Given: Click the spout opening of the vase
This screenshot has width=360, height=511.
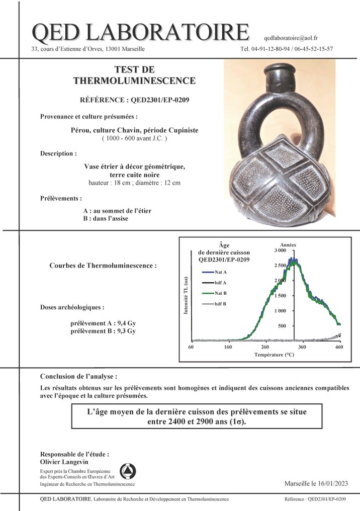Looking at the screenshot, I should pos(280,69).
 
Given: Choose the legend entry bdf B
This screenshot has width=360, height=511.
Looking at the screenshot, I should pos(220,304).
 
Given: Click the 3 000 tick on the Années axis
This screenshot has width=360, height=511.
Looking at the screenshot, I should pos(280,250).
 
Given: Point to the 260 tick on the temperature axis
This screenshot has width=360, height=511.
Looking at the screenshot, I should pos(265,347).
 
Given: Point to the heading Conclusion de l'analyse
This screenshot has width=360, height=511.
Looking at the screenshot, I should pos(78,376).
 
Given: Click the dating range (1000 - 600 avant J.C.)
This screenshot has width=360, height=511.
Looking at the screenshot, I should pos(134,138).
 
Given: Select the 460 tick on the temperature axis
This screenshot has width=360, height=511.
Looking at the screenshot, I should pos(339,347).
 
